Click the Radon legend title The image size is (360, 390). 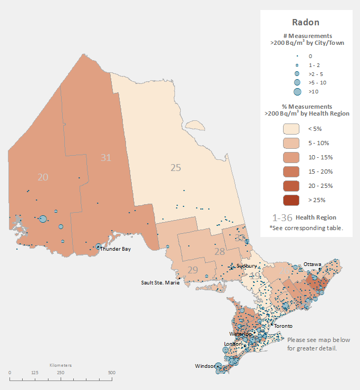click(x=306, y=22)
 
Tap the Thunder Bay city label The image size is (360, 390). click(x=115, y=249)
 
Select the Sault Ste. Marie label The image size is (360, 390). click(x=160, y=283)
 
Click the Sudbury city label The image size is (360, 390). click(x=247, y=265)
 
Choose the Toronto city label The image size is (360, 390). click(x=283, y=326)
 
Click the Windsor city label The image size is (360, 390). click(x=205, y=366)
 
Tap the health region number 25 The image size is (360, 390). click(x=176, y=167)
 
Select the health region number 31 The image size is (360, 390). click(x=106, y=157)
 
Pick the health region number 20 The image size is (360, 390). click(x=43, y=177)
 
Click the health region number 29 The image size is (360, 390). click(x=192, y=270)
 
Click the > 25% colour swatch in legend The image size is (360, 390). click(x=291, y=200)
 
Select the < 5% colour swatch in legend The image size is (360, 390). click(x=291, y=129)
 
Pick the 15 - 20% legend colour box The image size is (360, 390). click(x=291, y=172)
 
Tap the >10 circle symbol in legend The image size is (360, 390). click(x=297, y=92)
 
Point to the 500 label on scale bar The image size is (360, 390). click(x=112, y=373)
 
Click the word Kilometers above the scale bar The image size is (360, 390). click(x=61, y=365)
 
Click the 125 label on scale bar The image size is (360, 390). click(x=35, y=373)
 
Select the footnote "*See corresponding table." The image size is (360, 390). click(x=306, y=228)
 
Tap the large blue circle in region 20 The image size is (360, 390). click(x=43, y=218)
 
